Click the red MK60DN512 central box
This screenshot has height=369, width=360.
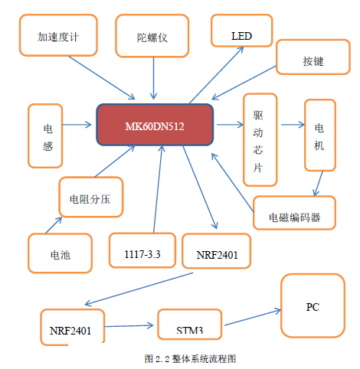[155, 125]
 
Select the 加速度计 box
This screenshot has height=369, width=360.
[58, 35]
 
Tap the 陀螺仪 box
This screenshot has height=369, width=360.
[152, 36]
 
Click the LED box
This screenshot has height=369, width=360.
[242, 31]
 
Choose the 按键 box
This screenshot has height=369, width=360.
[313, 57]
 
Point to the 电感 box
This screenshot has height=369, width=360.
[45, 136]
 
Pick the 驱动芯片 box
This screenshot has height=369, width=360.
[260, 140]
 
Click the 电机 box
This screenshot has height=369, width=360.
[320, 135]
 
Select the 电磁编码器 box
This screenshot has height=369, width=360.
[294, 213]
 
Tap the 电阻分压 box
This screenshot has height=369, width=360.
[91, 197]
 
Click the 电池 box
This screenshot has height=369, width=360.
[60, 253]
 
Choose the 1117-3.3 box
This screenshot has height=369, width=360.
[142, 250]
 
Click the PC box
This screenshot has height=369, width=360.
[313, 305]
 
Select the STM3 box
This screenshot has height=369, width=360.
[190, 325]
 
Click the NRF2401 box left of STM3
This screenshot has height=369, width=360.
[73, 327]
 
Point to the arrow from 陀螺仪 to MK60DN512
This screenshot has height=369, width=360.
[153, 78]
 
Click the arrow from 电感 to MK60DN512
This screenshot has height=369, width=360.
[77, 125]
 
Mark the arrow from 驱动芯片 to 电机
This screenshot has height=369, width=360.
[293, 125]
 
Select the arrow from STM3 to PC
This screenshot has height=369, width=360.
[253, 318]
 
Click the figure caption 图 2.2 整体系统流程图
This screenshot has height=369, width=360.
[190, 359]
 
